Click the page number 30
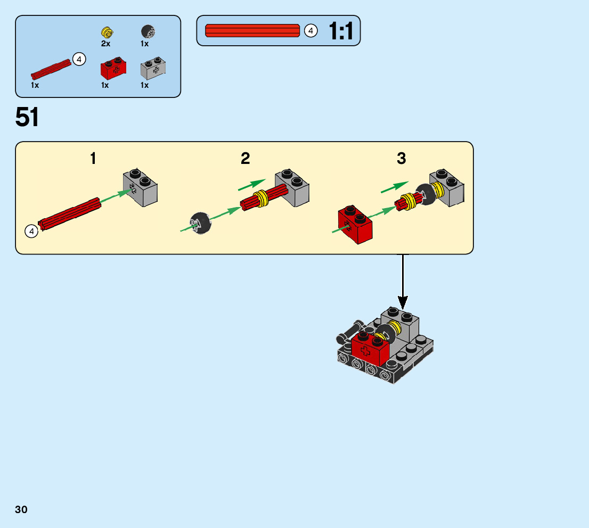point(21,509)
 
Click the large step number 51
point(27,117)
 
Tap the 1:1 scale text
point(341,31)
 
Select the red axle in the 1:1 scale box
point(252,31)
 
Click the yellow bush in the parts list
point(106,31)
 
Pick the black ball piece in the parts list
point(148,31)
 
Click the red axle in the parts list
point(51,69)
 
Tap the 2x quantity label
point(105,44)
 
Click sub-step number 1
point(93,159)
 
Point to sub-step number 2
point(245,159)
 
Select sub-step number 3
point(401,159)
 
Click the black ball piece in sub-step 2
point(200,222)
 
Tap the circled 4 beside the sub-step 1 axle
point(31,231)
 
